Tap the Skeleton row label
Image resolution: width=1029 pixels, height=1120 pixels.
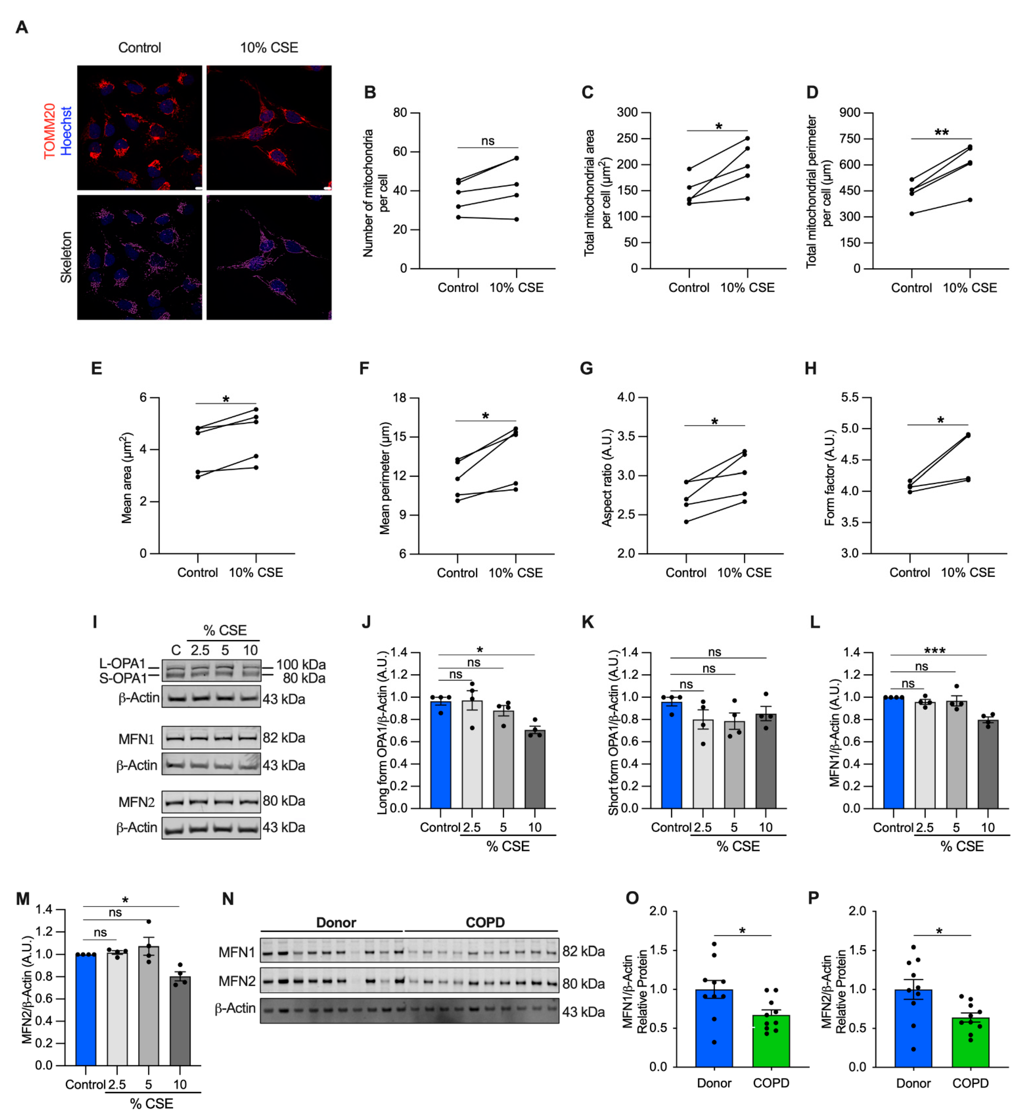[x=66, y=257]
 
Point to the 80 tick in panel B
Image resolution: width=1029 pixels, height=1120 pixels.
[x=400, y=113]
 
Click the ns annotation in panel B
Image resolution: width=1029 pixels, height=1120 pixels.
[x=488, y=141]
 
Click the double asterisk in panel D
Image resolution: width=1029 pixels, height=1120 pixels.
[x=942, y=133]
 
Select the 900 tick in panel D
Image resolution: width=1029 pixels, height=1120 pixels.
[x=850, y=113]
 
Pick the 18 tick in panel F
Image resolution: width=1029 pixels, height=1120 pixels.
[x=399, y=398]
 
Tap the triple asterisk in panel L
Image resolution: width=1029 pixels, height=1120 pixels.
[x=935, y=650]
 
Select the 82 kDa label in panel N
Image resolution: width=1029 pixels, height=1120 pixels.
[x=583, y=951]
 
